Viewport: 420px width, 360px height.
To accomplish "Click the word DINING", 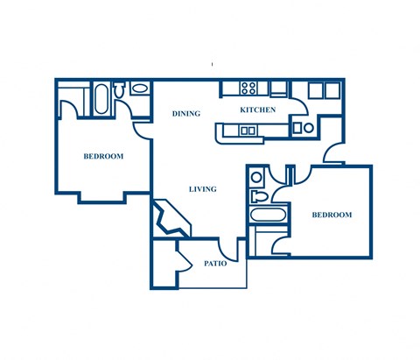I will pyautogui.click(x=185, y=114).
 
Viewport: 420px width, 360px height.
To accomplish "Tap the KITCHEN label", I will pyautogui.click(x=258, y=110).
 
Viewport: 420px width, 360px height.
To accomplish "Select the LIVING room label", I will pyautogui.click(x=202, y=189).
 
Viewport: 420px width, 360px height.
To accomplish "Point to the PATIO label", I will pyautogui.click(x=216, y=263).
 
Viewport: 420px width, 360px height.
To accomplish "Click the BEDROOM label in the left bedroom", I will pyautogui.click(x=103, y=157).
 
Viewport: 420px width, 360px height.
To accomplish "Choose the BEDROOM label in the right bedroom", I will pyautogui.click(x=332, y=215).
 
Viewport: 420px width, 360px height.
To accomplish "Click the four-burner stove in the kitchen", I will pyautogui.click(x=248, y=88).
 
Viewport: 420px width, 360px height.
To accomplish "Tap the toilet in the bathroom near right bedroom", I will pyautogui.click(x=256, y=195).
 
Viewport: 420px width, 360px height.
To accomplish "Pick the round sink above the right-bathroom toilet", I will pyautogui.click(x=255, y=177).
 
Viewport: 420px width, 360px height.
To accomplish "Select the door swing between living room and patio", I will pyautogui.click(x=229, y=249).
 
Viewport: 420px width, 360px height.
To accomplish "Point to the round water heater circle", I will pyautogui.click(x=308, y=128).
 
